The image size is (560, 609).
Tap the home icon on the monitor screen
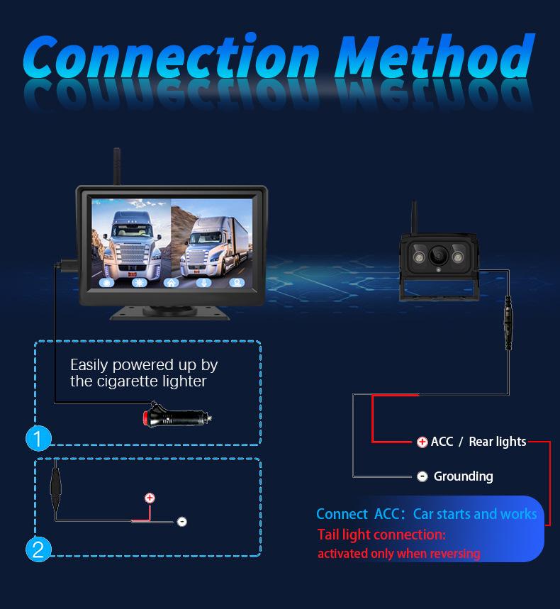tap(171, 281)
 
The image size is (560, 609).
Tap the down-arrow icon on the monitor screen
tap(203, 281)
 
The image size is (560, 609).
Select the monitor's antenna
tap(116, 167)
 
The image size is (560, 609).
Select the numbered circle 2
tap(38, 549)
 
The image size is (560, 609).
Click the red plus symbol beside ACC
tap(422, 442)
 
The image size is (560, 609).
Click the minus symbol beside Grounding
tap(422, 476)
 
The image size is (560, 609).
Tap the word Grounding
tap(463, 476)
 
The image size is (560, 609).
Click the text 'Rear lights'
tap(498, 442)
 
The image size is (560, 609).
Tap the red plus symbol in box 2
tap(150, 498)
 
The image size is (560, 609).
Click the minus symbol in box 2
tap(182, 522)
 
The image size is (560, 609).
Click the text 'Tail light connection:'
tap(381, 535)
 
